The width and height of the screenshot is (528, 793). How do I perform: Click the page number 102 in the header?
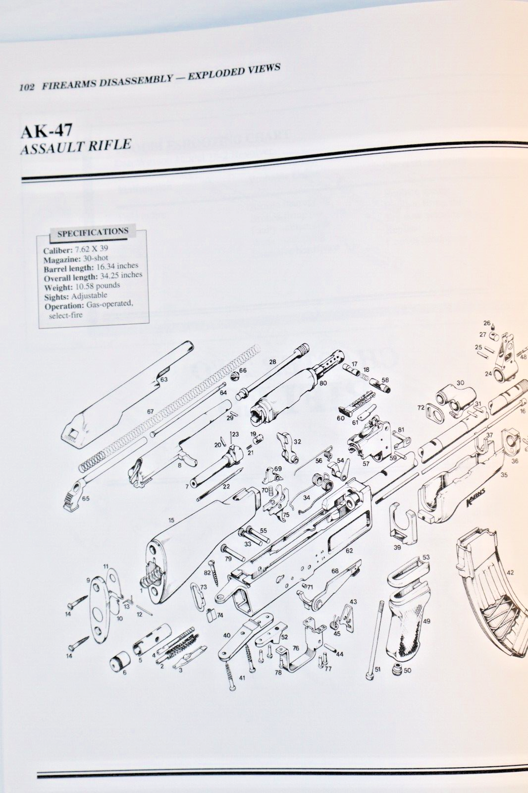point(26,87)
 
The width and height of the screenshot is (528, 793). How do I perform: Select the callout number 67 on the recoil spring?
point(150,412)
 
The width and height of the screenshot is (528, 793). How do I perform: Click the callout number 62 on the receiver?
point(349,551)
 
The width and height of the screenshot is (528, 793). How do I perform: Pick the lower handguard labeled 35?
point(461,491)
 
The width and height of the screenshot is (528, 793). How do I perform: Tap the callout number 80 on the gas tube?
point(323,383)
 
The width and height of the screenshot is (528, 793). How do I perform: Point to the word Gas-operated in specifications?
point(109,304)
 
